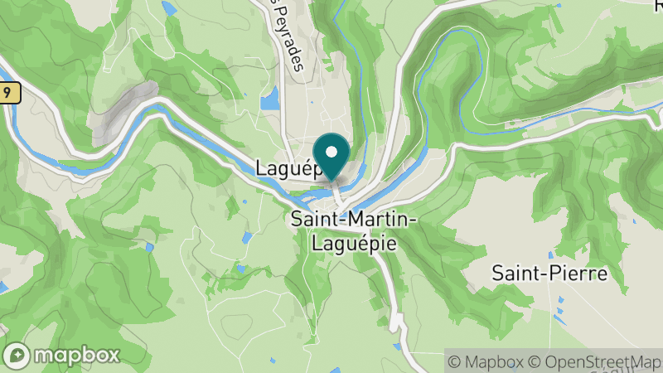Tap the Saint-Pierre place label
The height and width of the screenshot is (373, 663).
click(x=549, y=273)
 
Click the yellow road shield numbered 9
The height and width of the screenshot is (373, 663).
click(x=7, y=94)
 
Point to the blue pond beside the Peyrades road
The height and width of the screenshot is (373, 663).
click(x=269, y=100)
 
